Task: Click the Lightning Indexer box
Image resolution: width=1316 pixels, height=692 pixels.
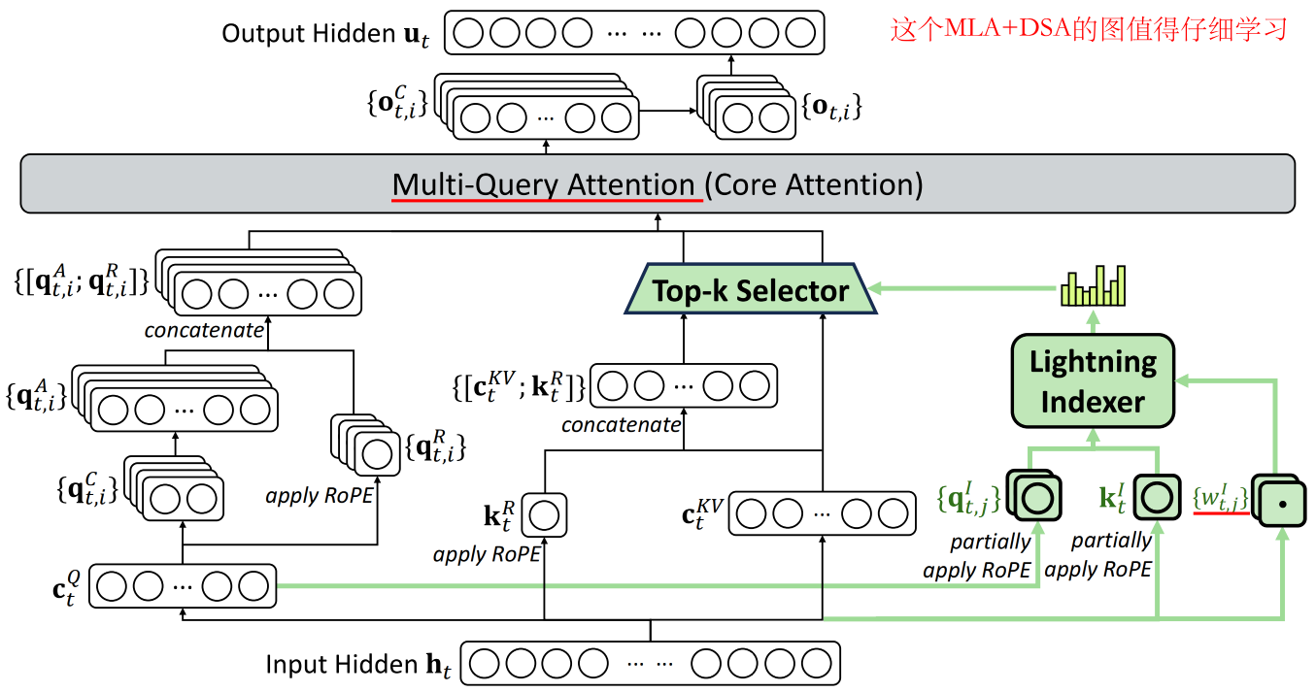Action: click(x=1093, y=380)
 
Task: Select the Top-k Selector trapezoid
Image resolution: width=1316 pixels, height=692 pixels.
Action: click(x=750, y=289)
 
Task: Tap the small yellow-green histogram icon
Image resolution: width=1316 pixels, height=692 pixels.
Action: click(x=1093, y=286)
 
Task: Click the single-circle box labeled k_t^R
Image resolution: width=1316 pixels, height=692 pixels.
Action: click(x=544, y=515)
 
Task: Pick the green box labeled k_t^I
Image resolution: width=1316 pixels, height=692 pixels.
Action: click(x=1156, y=497)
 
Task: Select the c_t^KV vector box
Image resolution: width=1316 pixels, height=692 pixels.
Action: click(x=822, y=514)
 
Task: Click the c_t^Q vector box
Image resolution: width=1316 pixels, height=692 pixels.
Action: click(x=183, y=586)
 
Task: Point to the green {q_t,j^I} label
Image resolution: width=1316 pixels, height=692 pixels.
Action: click(x=967, y=497)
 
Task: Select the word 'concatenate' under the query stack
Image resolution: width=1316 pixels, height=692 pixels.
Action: click(x=204, y=330)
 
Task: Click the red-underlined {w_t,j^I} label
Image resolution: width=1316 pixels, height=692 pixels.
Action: click(x=1220, y=498)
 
